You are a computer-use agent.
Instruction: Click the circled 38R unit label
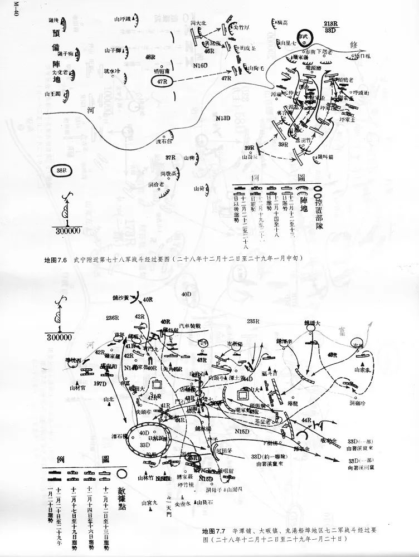(x=61, y=169)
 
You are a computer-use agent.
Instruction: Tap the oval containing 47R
(x=163, y=81)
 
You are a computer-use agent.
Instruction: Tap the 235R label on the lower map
(x=254, y=321)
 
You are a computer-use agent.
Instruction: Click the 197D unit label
(x=101, y=384)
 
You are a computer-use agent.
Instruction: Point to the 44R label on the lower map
(x=305, y=419)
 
